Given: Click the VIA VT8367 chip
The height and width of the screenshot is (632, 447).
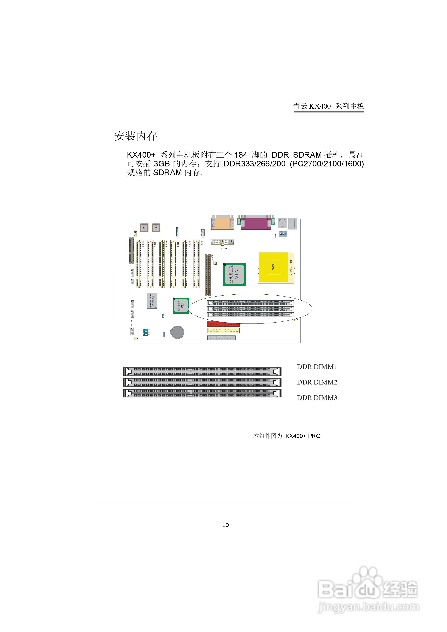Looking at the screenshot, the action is tap(234, 274).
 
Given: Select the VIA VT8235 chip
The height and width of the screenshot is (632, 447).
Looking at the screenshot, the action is tap(181, 305).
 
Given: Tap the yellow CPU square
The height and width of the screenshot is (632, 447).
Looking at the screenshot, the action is tap(273, 267).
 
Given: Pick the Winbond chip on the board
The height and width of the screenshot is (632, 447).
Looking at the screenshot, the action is tap(152, 301).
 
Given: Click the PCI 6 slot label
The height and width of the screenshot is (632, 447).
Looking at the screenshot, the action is tap(143, 244).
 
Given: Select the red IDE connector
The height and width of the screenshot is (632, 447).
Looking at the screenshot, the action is tap(223, 324).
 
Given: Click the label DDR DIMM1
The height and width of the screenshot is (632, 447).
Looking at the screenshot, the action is tap(317, 367).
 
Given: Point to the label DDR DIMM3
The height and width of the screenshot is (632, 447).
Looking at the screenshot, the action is tap(317, 398).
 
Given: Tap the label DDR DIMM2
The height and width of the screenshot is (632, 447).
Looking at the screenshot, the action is tap(317, 382).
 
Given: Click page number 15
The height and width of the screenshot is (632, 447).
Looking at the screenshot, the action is tap(226, 524).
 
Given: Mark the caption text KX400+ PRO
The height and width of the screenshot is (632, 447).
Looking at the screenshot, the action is tap(303, 436).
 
